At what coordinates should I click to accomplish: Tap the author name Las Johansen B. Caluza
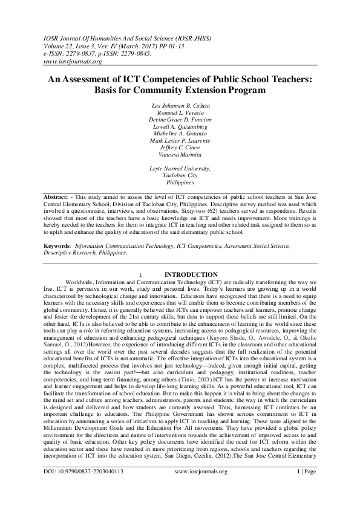(x=180, y=106)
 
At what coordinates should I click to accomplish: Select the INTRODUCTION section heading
(x=191, y=274)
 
